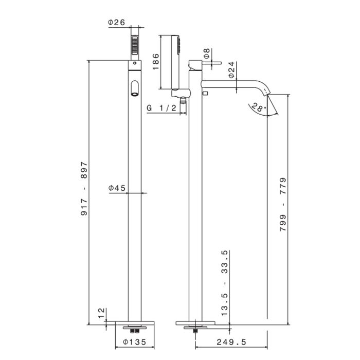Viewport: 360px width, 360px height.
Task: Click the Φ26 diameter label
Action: (117, 23)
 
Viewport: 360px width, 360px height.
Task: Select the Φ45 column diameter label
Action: (117, 188)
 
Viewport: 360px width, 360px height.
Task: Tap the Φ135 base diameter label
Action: (135, 342)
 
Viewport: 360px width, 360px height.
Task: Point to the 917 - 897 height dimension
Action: (84, 189)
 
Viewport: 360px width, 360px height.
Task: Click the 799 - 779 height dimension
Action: (283, 204)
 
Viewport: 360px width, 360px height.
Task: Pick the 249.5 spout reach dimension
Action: (231, 342)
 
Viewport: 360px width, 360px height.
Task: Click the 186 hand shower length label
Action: (156, 62)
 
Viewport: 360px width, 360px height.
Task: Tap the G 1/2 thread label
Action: (161, 107)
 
